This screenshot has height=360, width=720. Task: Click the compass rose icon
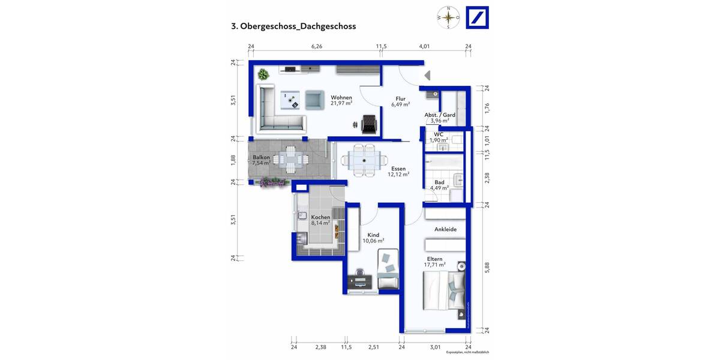pyautogui.click(x=448, y=17)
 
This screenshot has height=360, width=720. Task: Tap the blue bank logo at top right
pyautogui.click(x=478, y=17)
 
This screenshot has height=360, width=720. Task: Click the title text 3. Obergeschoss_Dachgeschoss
pyautogui.click(x=293, y=26)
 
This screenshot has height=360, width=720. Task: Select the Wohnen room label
pyautogui.click(x=341, y=98)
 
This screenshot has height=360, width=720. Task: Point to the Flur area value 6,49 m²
pyautogui.click(x=400, y=104)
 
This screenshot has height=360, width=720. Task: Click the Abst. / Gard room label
pyautogui.click(x=440, y=115)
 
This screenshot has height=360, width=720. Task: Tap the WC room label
pyautogui.click(x=439, y=134)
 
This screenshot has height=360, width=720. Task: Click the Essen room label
pyautogui.click(x=398, y=169)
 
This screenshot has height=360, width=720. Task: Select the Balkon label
pyautogui.click(x=261, y=157)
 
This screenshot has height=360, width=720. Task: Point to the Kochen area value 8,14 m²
pyautogui.click(x=320, y=223)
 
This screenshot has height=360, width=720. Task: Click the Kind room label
pyautogui.click(x=373, y=235)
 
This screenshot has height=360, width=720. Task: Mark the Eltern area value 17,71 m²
pyautogui.click(x=435, y=265)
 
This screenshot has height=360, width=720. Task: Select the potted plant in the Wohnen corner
pyautogui.click(x=263, y=75)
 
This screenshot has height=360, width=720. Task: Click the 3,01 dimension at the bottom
pyautogui.click(x=435, y=347)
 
